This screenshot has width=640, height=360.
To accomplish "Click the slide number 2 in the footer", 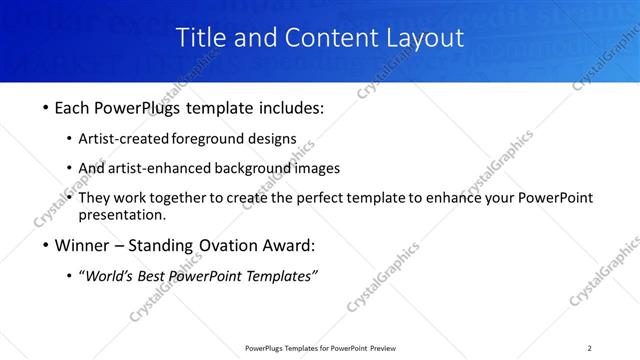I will (590, 348).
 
